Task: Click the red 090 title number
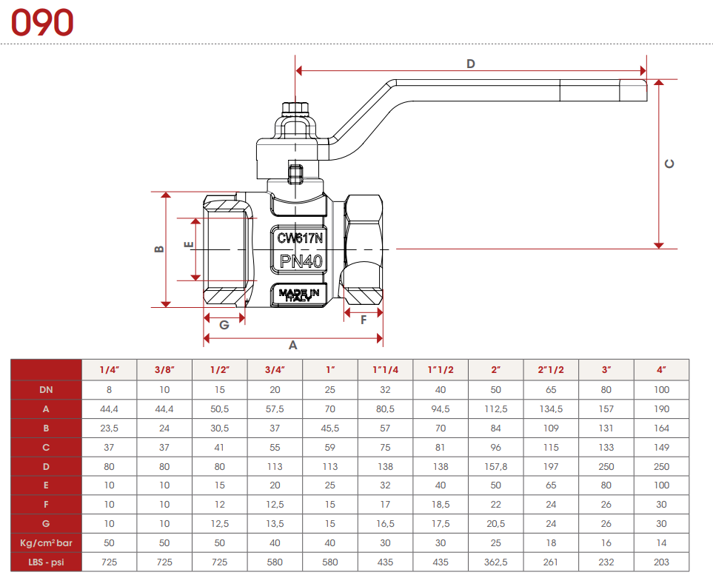42,23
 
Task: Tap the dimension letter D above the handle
470,64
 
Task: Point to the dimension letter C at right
669,164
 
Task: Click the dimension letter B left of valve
158,249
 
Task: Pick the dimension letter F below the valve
364,320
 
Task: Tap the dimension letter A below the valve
292,346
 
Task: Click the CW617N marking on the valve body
300,238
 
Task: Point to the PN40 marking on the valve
300,261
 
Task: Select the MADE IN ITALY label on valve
300,295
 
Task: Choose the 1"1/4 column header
386,369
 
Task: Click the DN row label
46,389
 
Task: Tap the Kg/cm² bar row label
46,543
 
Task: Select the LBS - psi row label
46,562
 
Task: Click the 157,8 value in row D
496,466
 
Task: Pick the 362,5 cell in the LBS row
496,562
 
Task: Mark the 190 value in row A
661,408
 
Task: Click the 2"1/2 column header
552,369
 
